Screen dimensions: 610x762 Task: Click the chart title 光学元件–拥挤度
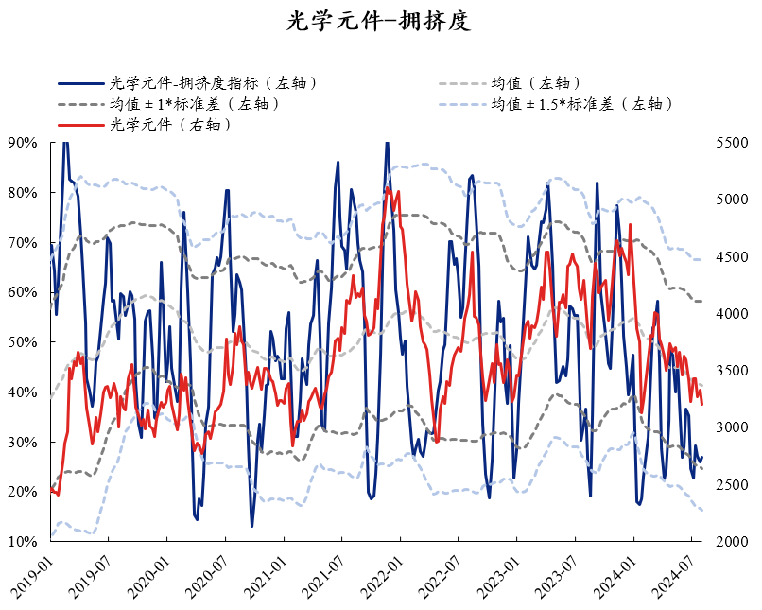coord(379,21)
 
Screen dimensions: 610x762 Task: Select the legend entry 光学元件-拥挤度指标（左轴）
coord(213,83)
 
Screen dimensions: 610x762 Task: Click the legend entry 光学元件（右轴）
coord(171,125)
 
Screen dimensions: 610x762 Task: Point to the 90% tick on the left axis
coord(22,143)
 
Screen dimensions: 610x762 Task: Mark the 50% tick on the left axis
coord(22,342)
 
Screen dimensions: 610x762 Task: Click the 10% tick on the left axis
coord(22,542)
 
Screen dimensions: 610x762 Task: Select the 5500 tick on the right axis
coord(732,143)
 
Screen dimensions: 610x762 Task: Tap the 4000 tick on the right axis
coord(732,314)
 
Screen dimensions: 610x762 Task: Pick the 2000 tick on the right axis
coord(732,542)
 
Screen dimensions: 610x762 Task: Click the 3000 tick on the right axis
coord(732,427)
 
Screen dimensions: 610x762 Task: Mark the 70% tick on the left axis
coord(22,243)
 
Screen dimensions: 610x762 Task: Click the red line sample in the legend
coord(81,125)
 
